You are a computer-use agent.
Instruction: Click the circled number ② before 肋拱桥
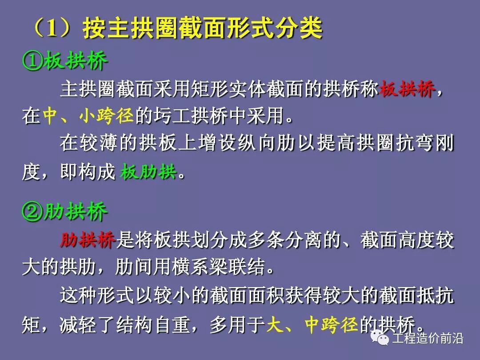click(x=32, y=213)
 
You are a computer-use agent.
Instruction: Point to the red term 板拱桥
click(x=407, y=90)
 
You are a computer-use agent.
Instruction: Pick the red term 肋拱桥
click(x=88, y=240)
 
